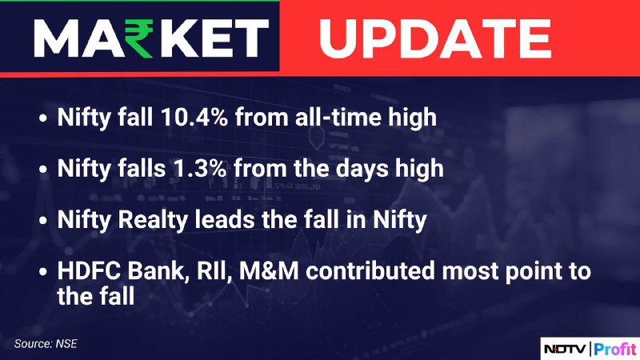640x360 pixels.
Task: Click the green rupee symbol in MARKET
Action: (138, 38)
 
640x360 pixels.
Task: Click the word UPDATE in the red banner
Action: (435, 38)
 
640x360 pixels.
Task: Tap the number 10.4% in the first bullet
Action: (194, 117)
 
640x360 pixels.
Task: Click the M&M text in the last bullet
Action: (269, 271)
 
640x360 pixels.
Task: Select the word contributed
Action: (370, 271)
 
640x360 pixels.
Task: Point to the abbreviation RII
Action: (211, 272)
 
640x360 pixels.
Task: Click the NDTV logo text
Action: (566, 349)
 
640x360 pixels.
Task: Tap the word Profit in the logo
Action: (615, 349)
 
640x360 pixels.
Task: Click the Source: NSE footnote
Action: (46, 344)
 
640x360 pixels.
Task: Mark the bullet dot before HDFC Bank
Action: (43, 272)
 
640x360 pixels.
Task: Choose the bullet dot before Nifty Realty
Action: (43, 221)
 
